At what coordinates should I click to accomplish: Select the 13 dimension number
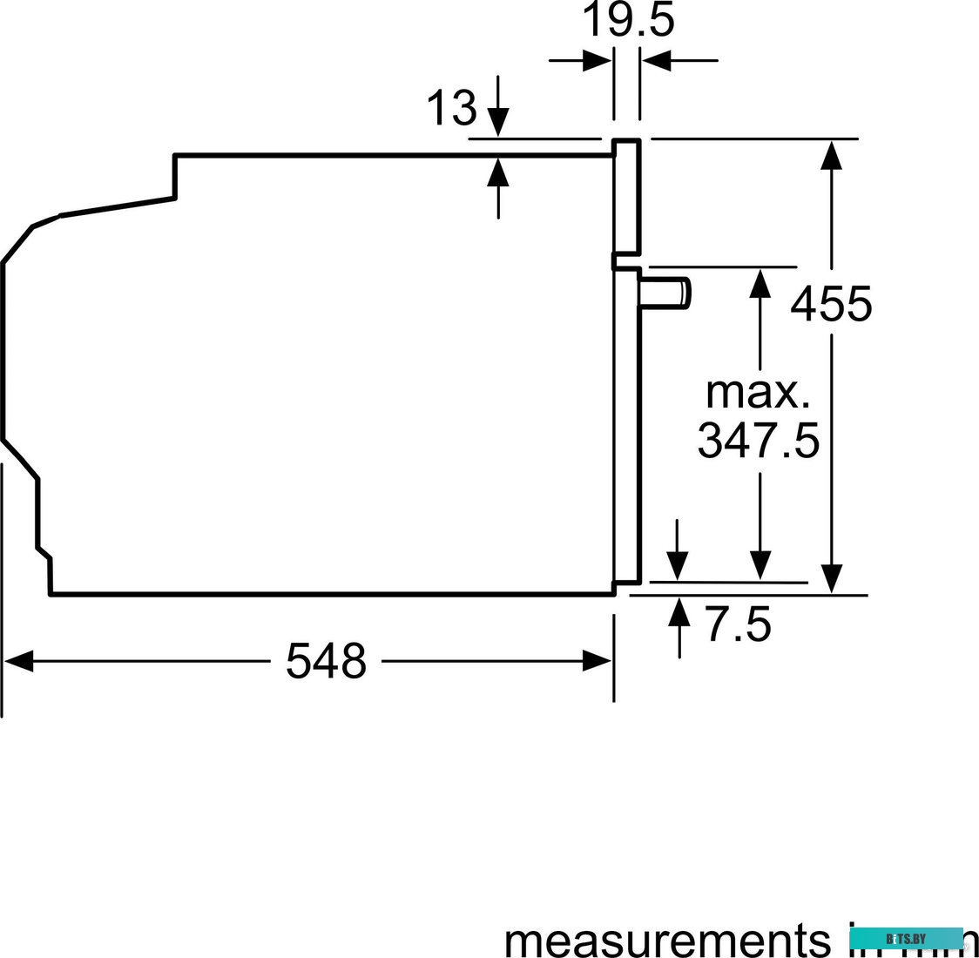point(451,109)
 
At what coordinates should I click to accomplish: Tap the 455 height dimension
point(831,304)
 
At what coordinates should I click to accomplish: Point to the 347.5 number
point(759,441)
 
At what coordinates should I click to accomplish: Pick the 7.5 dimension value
point(738,625)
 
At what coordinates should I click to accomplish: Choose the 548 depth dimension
point(327,661)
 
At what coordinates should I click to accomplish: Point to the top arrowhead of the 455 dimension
point(832,154)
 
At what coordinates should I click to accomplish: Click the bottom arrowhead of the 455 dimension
point(832,578)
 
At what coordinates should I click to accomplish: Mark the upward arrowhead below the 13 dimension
point(498,172)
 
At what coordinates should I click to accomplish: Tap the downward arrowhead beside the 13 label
point(498,122)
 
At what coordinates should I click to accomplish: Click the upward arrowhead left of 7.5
point(679,611)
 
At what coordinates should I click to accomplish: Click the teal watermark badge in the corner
point(906,939)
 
